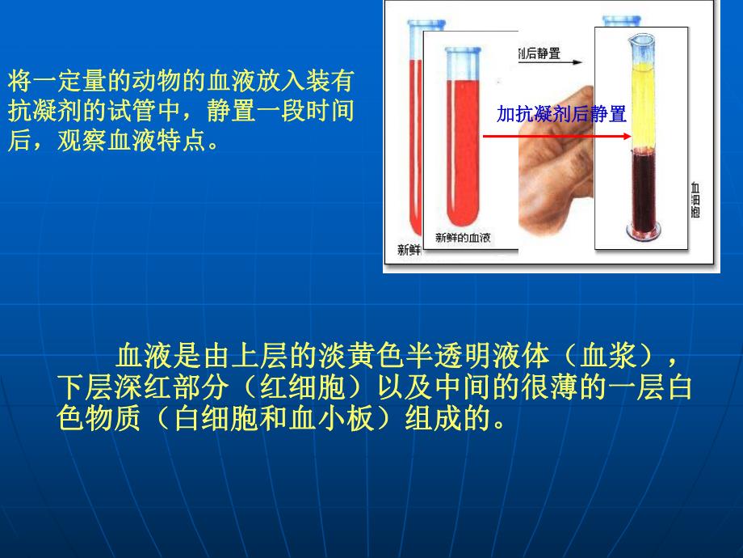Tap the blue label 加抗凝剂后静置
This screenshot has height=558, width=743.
click(561, 114)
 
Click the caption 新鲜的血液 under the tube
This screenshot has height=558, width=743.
click(464, 237)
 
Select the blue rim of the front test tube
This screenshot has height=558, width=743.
click(464, 53)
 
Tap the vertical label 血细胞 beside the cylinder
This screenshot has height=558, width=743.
click(695, 197)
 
